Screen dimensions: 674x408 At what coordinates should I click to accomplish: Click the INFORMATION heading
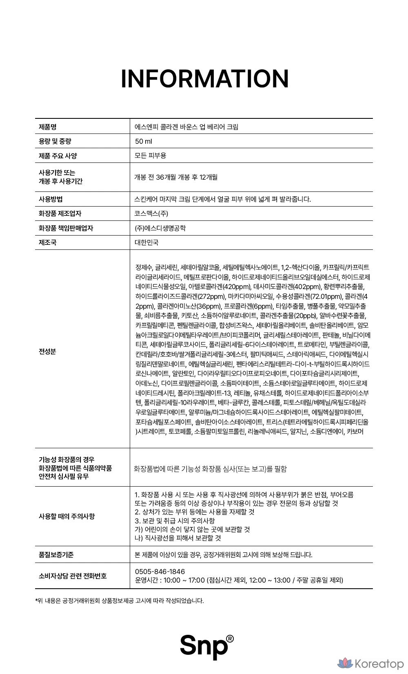pyautogui.click(x=204, y=79)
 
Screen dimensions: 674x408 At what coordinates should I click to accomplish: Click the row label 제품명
pyautogui.click(x=47, y=127)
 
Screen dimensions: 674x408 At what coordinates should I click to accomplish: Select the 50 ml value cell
pyautogui.click(x=143, y=141)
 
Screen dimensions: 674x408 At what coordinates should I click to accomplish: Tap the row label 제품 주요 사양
pyautogui.click(x=58, y=156)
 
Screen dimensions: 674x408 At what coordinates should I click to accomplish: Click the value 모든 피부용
pyautogui.click(x=150, y=156)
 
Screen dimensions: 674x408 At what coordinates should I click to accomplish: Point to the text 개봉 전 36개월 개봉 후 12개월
pyautogui.click(x=176, y=177)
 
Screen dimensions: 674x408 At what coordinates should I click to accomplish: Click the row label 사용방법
pyautogui.click(x=51, y=199)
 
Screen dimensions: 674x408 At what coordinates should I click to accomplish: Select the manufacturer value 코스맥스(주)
pyautogui.click(x=151, y=214)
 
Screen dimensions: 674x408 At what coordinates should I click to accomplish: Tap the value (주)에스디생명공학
pyautogui.click(x=160, y=228)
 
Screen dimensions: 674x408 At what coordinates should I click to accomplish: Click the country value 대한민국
pyautogui.click(x=146, y=242)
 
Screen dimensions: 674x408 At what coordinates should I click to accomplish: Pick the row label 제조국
pyautogui.click(x=47, y=242)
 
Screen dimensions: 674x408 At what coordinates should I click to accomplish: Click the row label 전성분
pyautogui.click(x=47, y=351)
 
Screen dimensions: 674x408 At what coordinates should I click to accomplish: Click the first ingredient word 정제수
pyautogui.click(x=144, y=268)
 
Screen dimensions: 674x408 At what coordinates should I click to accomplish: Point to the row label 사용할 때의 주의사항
pyautogui.click(x=67, y=516)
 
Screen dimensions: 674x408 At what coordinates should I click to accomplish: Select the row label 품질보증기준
pyautogui.click(x=56, y=555)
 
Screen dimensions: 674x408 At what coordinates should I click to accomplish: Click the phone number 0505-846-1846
pyautogui.click(x=160, y=572)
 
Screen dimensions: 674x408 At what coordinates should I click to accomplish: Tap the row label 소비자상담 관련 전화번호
pyautogui.click(x=73, y=576)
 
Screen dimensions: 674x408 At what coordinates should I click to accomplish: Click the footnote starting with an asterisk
pyautogui.click(x=120, y=601)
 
